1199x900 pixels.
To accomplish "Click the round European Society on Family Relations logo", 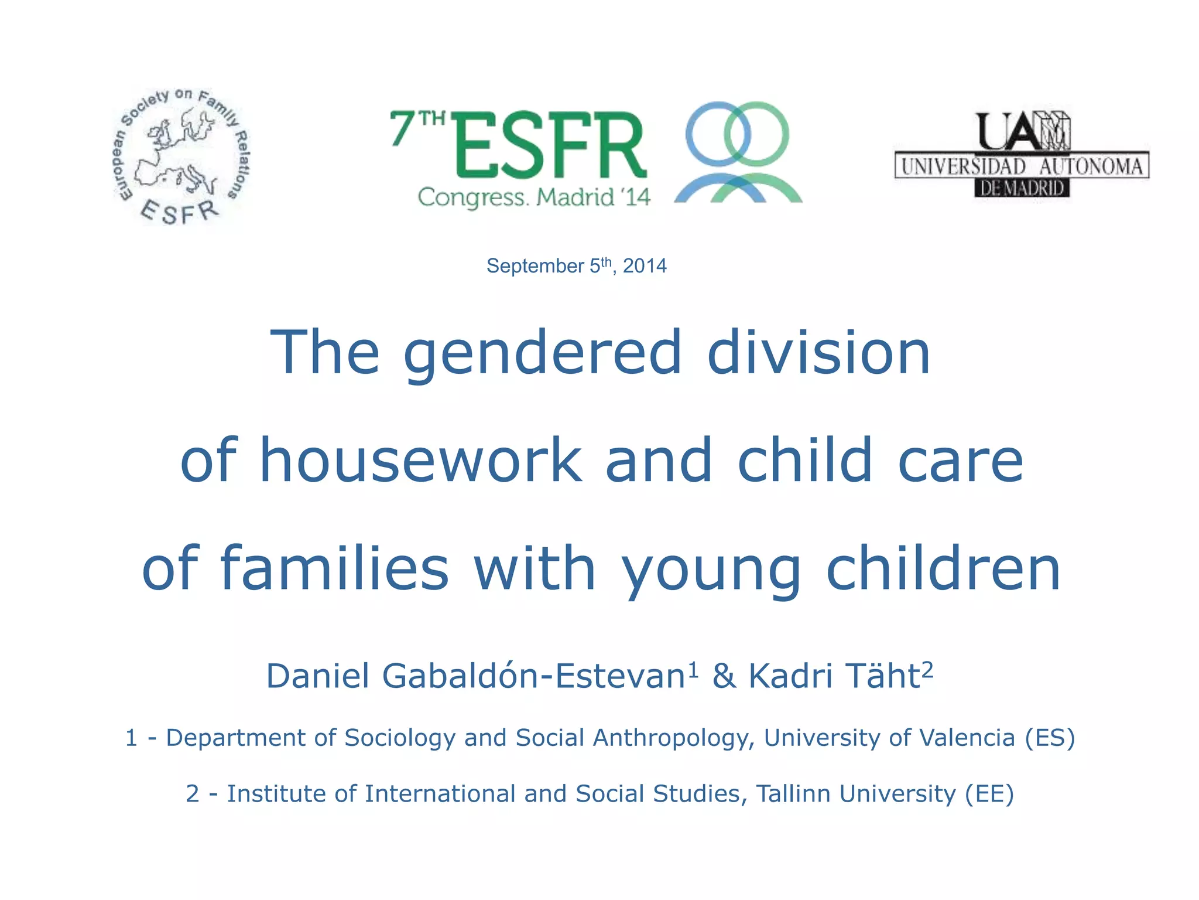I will [x=180, y=157].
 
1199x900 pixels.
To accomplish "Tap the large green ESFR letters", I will [x=549, y=145].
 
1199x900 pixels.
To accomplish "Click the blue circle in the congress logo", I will [x=718, y=134].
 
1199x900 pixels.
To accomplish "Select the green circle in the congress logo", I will [x=756, y=134].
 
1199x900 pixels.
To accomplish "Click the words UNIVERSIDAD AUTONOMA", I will [x=1022, y=166].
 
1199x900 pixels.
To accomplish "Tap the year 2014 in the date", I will [x=645, y=267].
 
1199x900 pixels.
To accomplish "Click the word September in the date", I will [x=535, y=267].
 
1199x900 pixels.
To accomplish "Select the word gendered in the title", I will [x=543, y=353].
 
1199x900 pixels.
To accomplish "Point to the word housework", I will [x=420, y=461].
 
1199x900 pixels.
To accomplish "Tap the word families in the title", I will [x=334, y=568].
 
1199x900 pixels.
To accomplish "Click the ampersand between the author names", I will [x=724, y=676].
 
